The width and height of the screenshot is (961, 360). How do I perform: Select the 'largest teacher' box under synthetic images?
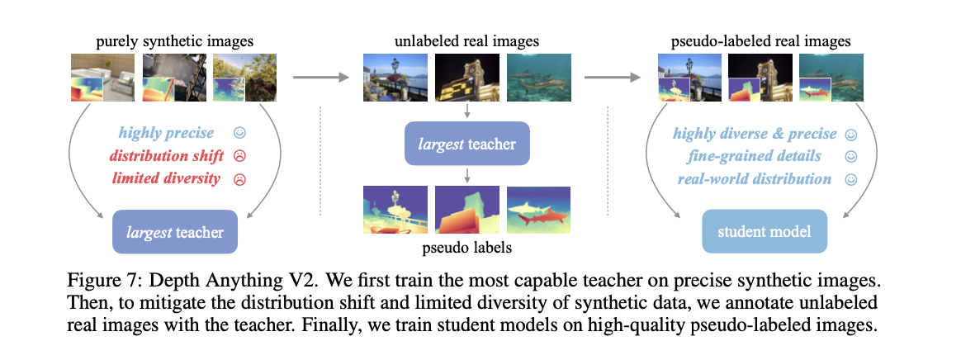pos(174,232)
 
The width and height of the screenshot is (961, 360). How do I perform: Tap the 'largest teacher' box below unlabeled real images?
pos(467,145)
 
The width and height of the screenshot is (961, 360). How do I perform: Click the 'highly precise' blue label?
pos(166,133)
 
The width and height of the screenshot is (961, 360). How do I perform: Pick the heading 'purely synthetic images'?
pos(174,40)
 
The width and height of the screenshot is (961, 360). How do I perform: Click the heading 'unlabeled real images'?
pos(467,40)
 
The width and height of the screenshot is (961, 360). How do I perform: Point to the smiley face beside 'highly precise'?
pos(239,133)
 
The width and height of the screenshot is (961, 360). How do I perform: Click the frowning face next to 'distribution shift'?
pos(240,156)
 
